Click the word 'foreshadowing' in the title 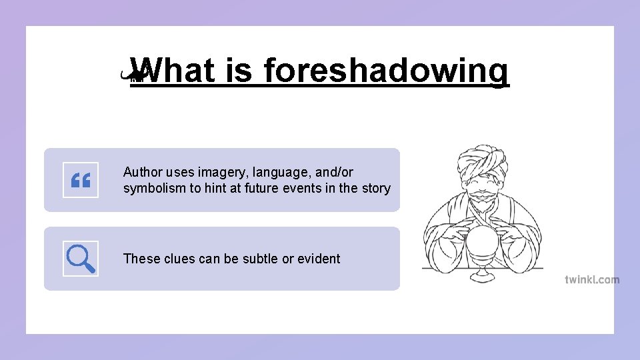click(x=386, y=71)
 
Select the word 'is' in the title click(x=239, y=71)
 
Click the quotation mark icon click(x=81, y=180)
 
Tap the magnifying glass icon click(x=81, y=259)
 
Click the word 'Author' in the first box click(x=143, y=173)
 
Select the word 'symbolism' click(x=155, y=188)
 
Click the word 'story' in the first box click(x=375, y=188)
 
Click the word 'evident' click(x=318, y=259)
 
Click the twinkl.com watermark click(x=592, y=280)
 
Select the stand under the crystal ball click(x=482, y=273)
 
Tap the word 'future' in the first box click(x=263, y=188)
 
